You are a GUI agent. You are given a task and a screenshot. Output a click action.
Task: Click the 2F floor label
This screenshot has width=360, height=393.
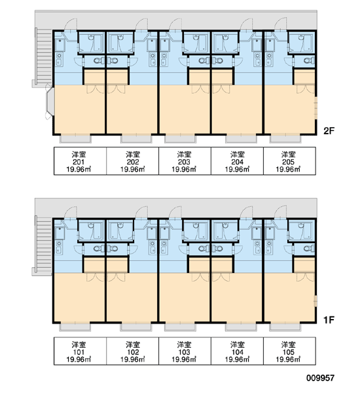point(329,131)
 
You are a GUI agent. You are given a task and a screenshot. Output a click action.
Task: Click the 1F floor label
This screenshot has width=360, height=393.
point(329,320)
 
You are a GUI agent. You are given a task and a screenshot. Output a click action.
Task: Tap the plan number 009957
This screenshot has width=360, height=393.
point(321,378)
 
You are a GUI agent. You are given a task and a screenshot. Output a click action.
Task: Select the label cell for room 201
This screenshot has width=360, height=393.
point(80,161)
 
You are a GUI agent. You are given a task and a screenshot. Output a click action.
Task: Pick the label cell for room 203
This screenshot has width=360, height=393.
point(185,161)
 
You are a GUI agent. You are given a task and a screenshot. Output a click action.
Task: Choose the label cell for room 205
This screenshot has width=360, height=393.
point(289,161)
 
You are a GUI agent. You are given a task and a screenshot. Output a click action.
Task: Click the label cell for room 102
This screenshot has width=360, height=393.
point(132,351)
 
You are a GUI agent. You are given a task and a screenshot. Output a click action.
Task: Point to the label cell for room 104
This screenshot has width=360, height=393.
point(237,351)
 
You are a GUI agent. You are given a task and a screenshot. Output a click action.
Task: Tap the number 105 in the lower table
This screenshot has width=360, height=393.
point(289,352)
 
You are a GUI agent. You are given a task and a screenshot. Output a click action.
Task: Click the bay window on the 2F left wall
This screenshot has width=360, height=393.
point(50,102)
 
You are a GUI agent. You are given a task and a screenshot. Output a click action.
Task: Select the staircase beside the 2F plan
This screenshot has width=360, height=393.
point(44,58)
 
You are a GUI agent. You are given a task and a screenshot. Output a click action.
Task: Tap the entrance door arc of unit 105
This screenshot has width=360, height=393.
point(280,212)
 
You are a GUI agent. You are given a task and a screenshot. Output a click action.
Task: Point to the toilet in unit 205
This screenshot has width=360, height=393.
point(309,60)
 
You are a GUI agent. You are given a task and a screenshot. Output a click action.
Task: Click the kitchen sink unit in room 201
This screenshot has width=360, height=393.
point(59,59)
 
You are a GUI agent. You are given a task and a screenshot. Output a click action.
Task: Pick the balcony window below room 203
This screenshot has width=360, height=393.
point(180,138)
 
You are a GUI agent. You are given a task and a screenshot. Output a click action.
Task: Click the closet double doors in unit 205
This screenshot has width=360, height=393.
point(306,89)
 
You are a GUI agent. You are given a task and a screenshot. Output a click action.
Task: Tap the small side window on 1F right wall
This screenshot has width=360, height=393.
point(316,301)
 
